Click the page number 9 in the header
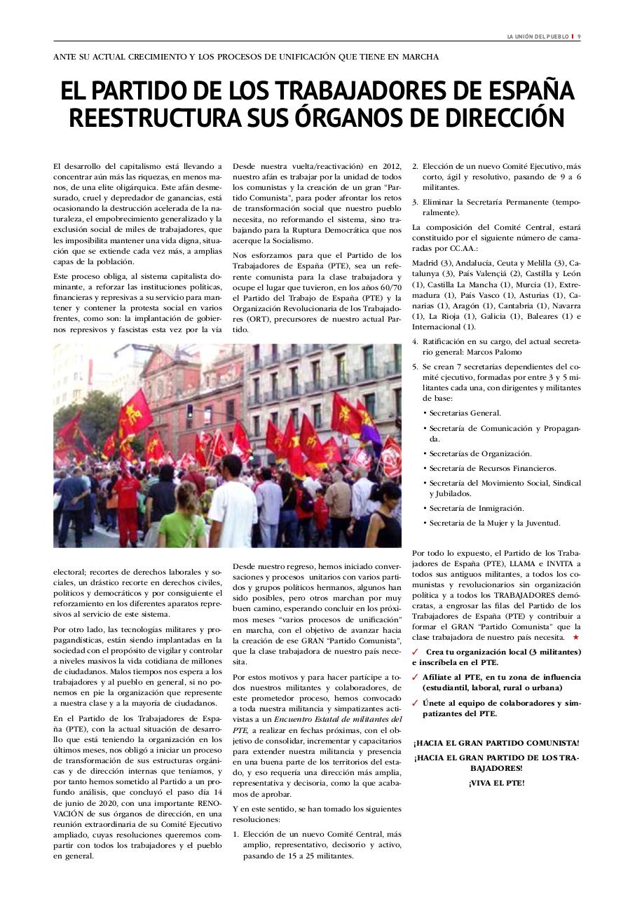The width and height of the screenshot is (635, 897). [x=579, y=36]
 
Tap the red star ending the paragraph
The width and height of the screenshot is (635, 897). [x=575, y=638]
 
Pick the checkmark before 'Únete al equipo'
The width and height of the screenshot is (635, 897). [x=416, y=703]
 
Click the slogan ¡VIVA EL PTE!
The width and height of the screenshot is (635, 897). [x=496, y=783]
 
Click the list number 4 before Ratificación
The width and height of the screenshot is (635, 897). [x=415, y=341]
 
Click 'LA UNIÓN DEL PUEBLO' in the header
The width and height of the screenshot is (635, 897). [x=538, y=36]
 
